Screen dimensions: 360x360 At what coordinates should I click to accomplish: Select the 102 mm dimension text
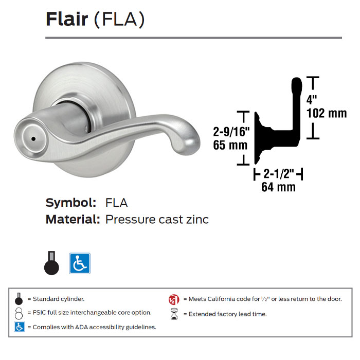(x=326, y=113)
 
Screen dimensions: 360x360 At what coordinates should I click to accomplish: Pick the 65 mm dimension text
(x=230, y=145)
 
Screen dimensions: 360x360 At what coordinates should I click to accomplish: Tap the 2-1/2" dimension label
(x=278, y=174)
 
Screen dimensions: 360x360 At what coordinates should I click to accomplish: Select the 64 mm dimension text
(x=278, y=187)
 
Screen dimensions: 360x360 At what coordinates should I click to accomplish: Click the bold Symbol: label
(x=71, y=202)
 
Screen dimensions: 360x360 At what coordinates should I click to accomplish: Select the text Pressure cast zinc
(x=157, y=220)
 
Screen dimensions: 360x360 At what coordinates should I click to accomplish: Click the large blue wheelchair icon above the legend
(x=80, y=263)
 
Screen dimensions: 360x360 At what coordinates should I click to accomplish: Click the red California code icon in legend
(x=173, y=299)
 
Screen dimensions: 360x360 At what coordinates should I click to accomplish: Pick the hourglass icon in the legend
(x=173, y=314)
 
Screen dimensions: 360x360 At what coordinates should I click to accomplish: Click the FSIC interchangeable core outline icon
(x=19, y=313)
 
